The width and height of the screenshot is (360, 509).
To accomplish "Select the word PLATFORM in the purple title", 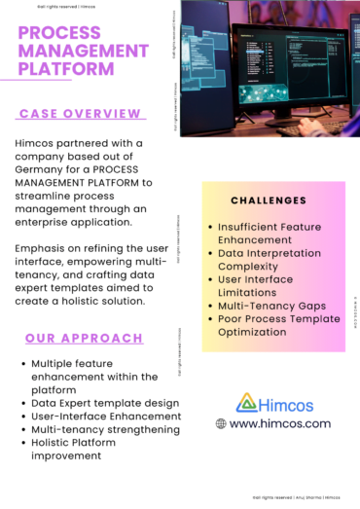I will point(68,69).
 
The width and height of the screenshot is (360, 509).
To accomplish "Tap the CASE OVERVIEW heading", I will point(81,114).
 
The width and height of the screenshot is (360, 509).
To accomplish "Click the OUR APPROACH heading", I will point(84,339).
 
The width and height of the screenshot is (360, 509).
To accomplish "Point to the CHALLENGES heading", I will point(270,200).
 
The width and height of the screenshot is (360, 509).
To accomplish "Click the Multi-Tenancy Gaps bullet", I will point(271,306).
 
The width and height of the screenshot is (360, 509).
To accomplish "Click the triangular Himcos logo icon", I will point(247,402).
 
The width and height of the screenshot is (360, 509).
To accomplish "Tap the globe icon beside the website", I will point(221,424).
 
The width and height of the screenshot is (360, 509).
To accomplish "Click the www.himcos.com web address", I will point(280,424).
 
